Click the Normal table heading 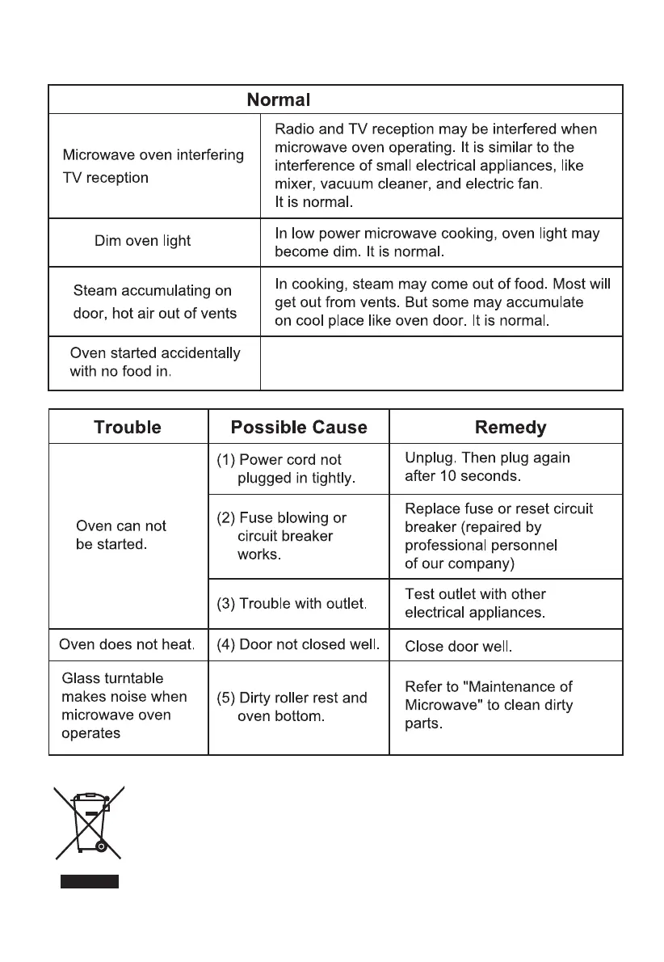[278, 100]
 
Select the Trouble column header [128, 427]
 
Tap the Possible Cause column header [298, 427]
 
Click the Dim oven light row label [142, 241]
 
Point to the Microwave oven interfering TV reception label [153, 166]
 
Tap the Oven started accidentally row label [154, 362]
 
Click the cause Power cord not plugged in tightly [288, 469]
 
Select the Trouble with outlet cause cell [292, 603]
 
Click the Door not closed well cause [298, 645]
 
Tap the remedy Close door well [458, 647]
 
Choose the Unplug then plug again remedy [487, 467]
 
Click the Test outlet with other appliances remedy [475, 603]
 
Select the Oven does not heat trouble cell [128, 644]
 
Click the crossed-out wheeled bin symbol [88, 821]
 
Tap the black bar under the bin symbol [89, 881]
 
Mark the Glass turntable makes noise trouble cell [124, 706]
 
